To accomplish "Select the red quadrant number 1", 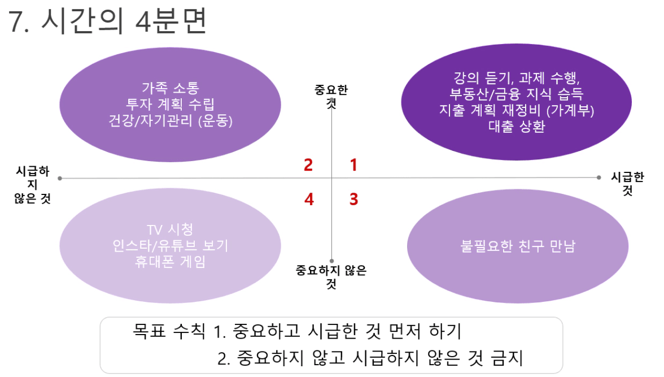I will [353, 165].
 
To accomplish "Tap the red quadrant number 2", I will [308, 165].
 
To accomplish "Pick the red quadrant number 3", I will [353, 200].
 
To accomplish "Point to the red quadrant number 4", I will [308, 200].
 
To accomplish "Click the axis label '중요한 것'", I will [331, 96].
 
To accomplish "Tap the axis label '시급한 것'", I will [627, 184].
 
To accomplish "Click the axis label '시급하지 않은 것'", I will [32, 185].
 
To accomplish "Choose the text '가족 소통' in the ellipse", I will [170, 88].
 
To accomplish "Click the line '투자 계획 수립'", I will [170, 105].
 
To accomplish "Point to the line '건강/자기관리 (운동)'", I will [170, 121].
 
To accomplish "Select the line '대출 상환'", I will [516, 127].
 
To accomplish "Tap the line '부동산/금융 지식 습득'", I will [516, 94].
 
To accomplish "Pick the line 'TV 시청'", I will [170, 230].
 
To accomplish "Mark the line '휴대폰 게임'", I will [170, 262].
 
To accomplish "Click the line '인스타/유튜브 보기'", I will [170, 246].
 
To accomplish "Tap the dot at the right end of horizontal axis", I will [599, 177].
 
